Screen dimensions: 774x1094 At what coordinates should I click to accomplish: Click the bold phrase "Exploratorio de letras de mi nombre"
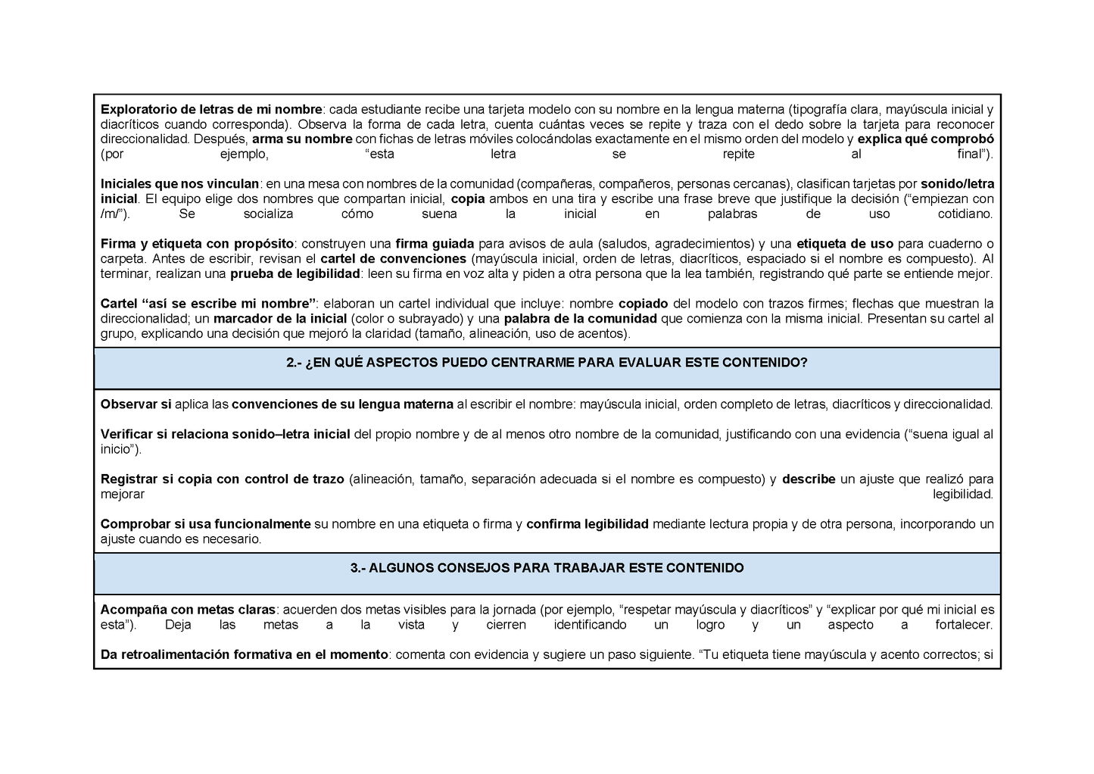[x=211, y=109]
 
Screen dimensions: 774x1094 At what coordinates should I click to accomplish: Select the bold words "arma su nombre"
[x=302, y=139]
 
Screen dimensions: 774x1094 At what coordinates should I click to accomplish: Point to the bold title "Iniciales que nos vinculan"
[x=179, y=184]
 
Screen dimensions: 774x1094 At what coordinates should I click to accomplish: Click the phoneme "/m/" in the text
[x=114, y=214]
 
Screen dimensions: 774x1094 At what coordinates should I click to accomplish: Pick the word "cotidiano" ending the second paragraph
[x=964, y=214]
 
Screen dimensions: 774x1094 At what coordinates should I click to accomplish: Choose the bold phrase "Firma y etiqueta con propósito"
[x=197, y=244]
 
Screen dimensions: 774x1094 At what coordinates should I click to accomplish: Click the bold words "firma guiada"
[x=434, y=244]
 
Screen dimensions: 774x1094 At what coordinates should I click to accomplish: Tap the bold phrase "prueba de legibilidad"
[x=295, y=273]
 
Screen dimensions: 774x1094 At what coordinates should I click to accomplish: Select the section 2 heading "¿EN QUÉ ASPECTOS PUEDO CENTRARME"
[x=547, y=364]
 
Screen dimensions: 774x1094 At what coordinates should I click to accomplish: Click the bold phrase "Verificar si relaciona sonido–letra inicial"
[x=225, y=435]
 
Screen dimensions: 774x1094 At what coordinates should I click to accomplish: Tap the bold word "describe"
[x=809, y=479]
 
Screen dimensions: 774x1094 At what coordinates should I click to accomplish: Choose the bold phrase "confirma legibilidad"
[x=587, y=524]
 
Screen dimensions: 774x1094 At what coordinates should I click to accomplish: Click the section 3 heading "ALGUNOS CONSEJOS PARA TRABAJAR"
[x=547, y=568]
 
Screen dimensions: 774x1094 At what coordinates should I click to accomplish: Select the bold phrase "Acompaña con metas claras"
[x=188, y=610]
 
